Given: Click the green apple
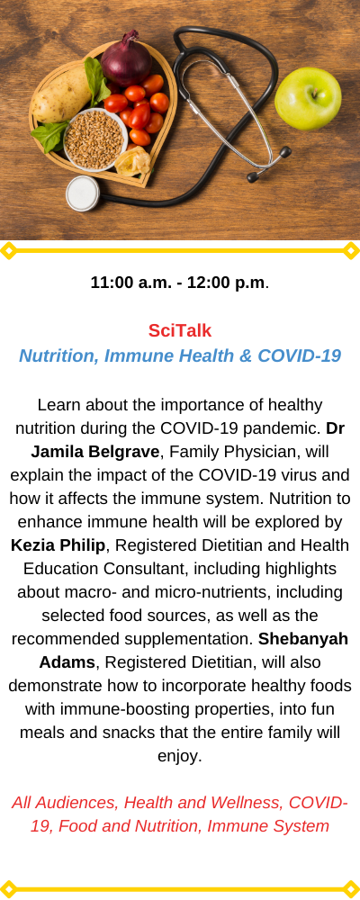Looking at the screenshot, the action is [x=308, y=99].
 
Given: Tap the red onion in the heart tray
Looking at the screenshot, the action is [x=126, y=59].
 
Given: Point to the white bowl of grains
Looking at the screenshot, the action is [x=95, y=139].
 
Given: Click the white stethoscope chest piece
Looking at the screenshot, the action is [x=84, y=193].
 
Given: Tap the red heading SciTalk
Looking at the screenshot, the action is [x=180, y=330].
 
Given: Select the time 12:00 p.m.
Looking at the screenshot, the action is [x=226, y=283].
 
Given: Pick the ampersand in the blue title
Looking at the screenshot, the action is [x=245, y=355].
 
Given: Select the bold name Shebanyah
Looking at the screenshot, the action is [x=303, y=639].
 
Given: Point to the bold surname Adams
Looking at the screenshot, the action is [x=67, y=662].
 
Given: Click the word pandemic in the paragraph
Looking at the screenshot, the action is [x=275, y=428].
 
